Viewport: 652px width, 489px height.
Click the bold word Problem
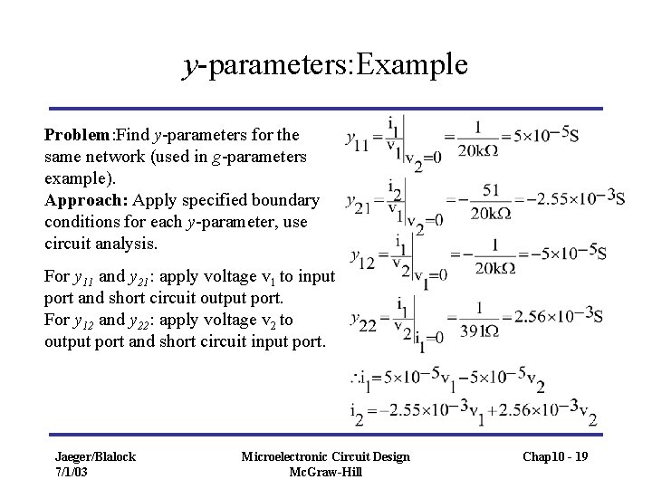[77, 134]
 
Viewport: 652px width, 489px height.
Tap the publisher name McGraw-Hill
[326, 471]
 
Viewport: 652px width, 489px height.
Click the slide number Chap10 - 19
[554, 456]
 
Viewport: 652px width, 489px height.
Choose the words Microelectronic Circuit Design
[326, 455]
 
